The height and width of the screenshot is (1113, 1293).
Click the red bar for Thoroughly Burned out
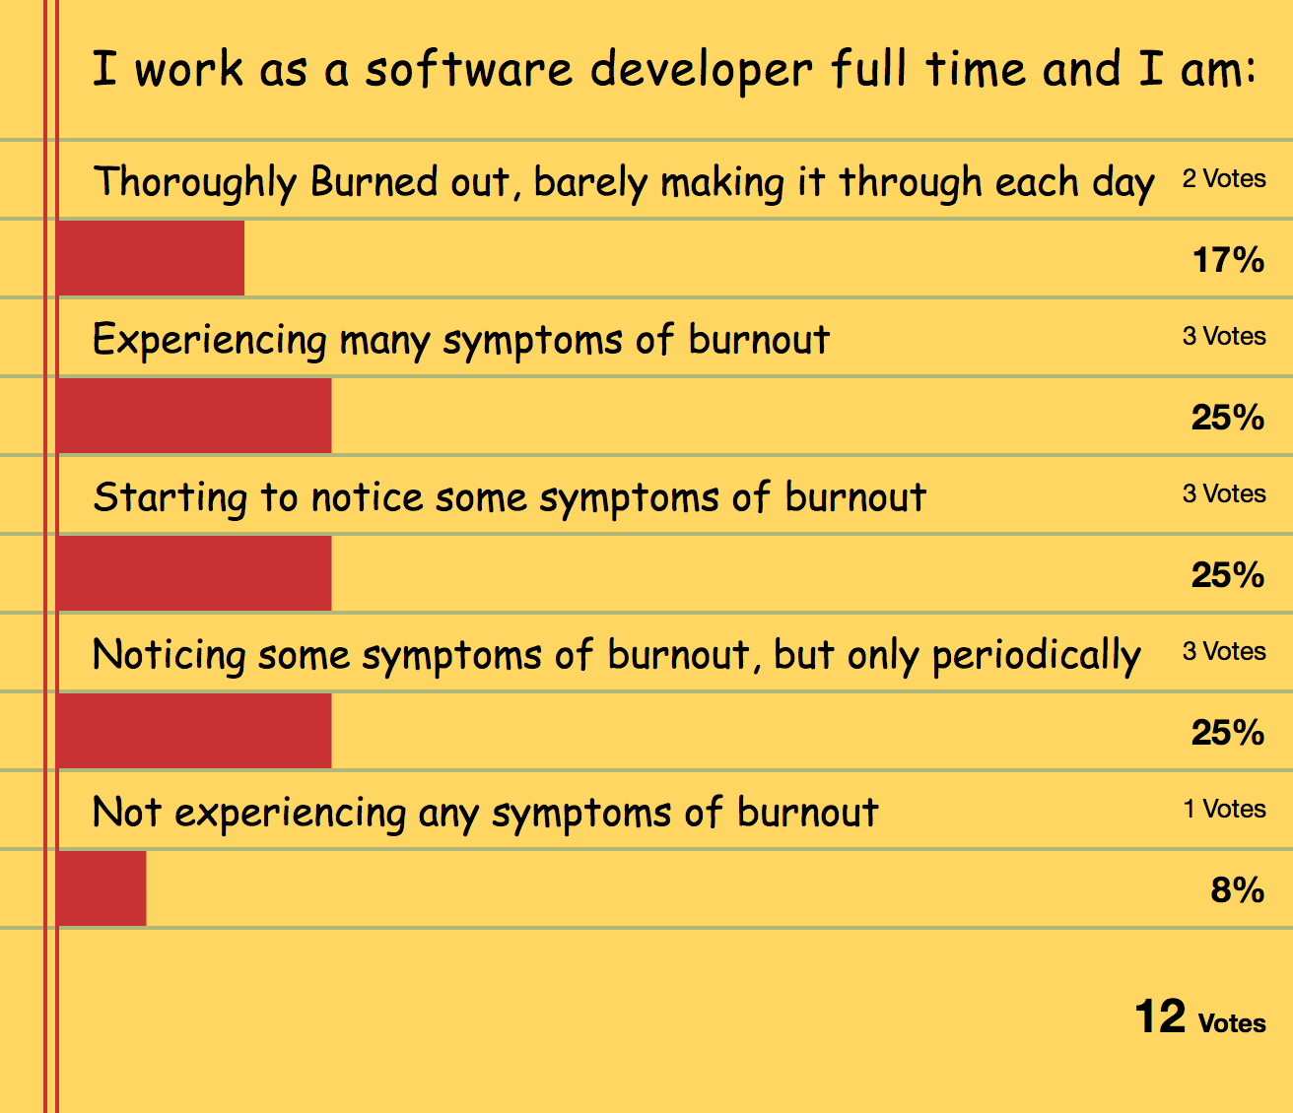pos(150,258)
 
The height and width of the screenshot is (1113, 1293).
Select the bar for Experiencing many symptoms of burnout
pos(194,416)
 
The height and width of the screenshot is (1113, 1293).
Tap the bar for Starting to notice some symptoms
pos(194,573)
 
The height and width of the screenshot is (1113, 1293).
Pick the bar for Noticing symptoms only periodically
pos(194,730)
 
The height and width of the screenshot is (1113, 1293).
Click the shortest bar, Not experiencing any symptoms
pos(101,887)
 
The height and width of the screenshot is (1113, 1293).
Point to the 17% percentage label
pos(1228,259)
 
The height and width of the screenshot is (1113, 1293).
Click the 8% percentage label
pos(1238,889)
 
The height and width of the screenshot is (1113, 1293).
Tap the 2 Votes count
pos(1224,179)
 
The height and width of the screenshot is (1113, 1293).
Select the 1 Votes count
pos(1224,809)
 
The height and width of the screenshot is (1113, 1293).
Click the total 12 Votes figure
pos(1200,1016)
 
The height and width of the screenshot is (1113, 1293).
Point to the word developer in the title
pos(702,72)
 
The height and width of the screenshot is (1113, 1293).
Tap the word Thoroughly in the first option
pos(194,183)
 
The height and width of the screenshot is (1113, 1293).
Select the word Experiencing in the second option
pos(210,341)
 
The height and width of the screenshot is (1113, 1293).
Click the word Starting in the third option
pos(170,498)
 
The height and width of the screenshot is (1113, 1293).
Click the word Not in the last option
pos(127,812)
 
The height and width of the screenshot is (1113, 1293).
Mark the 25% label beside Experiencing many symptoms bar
pos(1227,417)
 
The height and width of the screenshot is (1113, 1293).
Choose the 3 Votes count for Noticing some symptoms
pos(1224,651)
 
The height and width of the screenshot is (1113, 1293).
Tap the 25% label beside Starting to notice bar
pos(1227,574)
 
